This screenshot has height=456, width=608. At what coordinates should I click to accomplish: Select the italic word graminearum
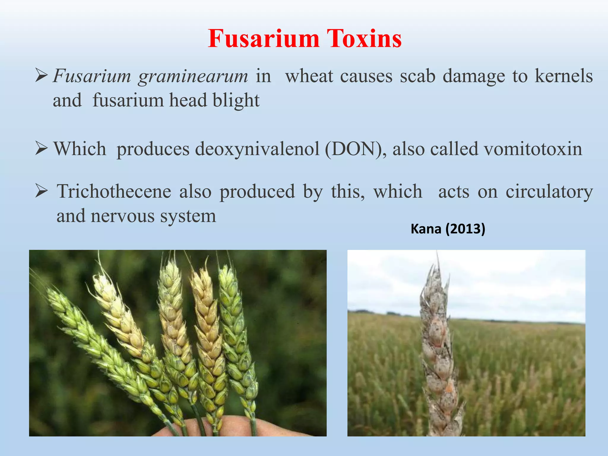click(193, 77)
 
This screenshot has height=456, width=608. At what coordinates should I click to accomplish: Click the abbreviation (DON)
click(355, 149)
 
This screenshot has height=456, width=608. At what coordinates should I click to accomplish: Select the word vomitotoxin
click(533, 149)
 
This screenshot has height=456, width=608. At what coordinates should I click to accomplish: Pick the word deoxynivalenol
click(257, 149)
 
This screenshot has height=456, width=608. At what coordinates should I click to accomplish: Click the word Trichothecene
click(114, 191)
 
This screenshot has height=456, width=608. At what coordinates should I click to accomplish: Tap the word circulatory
click(549, 191)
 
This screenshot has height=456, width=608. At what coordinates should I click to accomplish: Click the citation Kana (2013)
click(448, 229)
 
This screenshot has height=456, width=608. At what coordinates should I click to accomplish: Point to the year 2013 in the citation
click(465, 229)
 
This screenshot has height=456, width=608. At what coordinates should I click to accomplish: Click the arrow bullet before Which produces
click(41, 149)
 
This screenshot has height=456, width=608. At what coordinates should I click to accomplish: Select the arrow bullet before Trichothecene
click(41, 191)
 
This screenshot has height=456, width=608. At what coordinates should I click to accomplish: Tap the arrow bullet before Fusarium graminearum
click(41, 76)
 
